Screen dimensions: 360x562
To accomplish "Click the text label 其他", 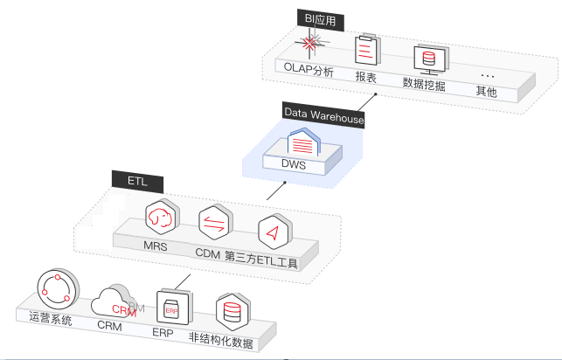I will (486, 91).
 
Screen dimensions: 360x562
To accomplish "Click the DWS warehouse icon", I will (302, 142).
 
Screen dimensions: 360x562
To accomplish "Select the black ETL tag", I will (131, 181).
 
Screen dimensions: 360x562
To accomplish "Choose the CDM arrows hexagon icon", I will (212, 224).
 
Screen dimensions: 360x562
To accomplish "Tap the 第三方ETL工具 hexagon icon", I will (273, 232).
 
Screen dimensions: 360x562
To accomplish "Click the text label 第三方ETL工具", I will (262, 260).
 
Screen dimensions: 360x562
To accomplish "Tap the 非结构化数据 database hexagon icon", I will (232, 312).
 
